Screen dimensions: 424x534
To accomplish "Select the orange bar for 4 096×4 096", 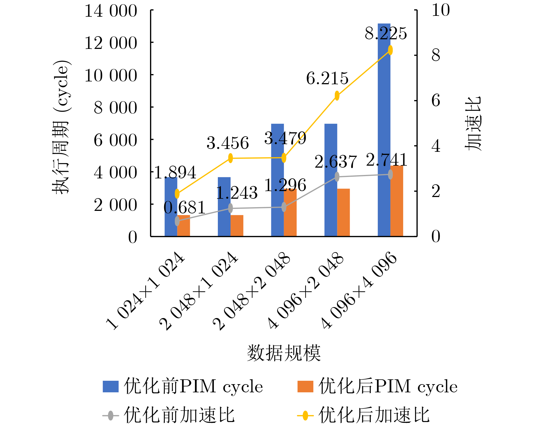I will click(x=397, y=201).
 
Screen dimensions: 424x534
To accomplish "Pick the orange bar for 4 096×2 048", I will click(x=343, y=212).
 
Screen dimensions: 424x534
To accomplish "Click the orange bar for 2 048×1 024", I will click(x=237, y=226).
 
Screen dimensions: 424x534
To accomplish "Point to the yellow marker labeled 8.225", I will click(x=390, y=50).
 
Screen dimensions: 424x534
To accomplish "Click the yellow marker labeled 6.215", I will click(x=337, y=96).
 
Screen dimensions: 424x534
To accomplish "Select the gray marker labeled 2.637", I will click(x=337, y=177).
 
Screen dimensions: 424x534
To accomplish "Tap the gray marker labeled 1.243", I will click(x=231, y=208).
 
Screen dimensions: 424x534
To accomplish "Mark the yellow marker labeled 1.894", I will click(x=177, y=194).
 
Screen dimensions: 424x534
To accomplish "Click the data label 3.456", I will click(x=228, y=143).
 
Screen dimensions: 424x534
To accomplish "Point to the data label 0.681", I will click(x=184, y=208).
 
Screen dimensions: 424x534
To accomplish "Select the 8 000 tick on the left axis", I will click(x=115, y=108).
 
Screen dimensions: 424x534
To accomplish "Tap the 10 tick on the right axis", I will click(x=440, y=10).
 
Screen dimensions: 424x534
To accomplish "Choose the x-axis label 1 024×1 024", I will click(x=145, y=291).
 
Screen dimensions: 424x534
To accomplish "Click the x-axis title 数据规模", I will click(x=284, y=353).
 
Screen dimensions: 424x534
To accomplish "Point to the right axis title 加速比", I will click(x=473, y=124).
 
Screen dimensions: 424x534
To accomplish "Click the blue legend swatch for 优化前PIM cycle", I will click(x=110, y=386).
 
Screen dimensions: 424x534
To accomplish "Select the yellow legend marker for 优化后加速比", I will click(x=305, y=416).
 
